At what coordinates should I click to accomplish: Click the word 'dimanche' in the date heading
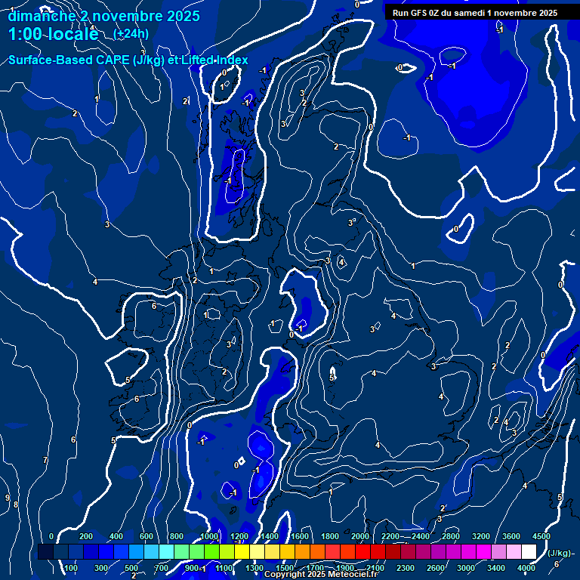[37, 16]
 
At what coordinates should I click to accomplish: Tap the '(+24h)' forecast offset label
[131, 33]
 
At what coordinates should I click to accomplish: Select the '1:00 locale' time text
[53, 34]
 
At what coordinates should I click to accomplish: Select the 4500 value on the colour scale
[541, 536]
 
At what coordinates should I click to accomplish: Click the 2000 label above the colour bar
[360, 536]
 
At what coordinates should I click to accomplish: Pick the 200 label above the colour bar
[86, 536]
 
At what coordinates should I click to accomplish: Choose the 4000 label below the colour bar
[527, 568]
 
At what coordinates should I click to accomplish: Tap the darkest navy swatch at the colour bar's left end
[45, 552]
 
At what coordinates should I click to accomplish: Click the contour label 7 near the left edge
[45, 460]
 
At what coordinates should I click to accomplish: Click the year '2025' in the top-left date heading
[181, 16]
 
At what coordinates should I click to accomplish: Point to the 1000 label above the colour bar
[209, 536]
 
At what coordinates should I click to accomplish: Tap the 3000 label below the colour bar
[467, 568]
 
